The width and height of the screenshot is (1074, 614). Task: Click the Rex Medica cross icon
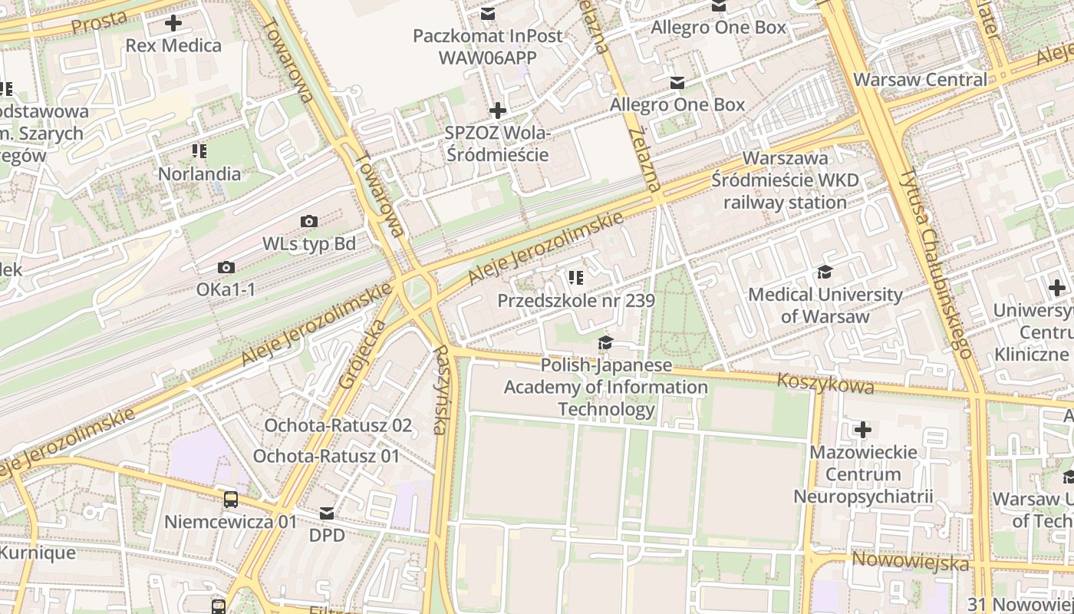pos(174,23)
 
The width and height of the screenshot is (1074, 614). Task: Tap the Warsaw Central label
pos(920,80)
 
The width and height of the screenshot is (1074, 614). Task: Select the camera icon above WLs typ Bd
pos(309,222)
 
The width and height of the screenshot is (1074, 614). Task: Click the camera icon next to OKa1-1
pos(226,268)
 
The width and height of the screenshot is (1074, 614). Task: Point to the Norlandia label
pos(199,173)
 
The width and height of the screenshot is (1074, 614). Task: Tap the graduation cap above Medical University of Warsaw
pos(825,272)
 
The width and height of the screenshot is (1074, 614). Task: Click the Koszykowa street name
pos(825,382)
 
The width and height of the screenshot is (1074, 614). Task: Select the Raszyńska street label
pos(441,390)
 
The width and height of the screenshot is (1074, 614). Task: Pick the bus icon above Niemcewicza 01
pos(230,500)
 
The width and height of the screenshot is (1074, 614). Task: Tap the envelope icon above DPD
pos(327,513)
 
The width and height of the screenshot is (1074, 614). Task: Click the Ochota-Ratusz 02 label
pos(338,425)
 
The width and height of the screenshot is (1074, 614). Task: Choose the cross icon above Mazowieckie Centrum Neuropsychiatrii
pos(863,430)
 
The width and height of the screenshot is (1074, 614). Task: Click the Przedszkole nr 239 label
pos(576,300)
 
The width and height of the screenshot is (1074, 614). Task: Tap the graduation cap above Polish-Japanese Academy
pos(605,342)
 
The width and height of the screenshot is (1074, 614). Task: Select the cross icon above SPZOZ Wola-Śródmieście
pos(498,111)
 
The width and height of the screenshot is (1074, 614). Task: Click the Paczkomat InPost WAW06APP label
pos(488,46)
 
